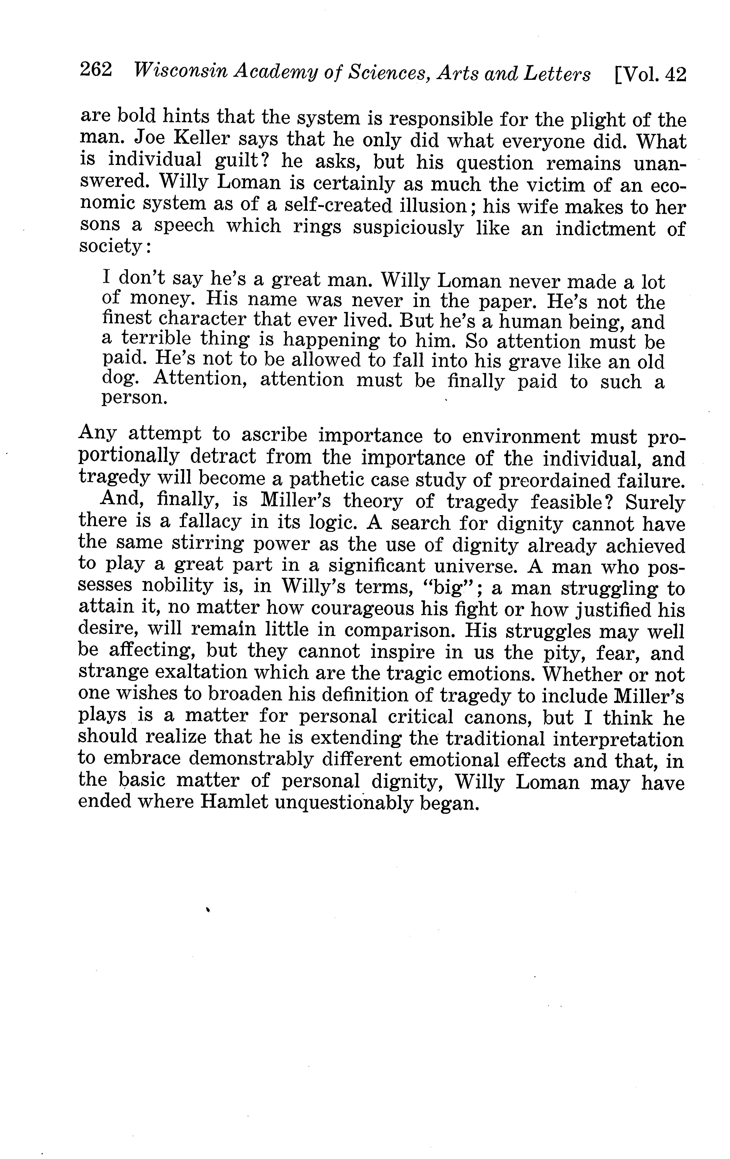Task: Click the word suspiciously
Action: (408, 227)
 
